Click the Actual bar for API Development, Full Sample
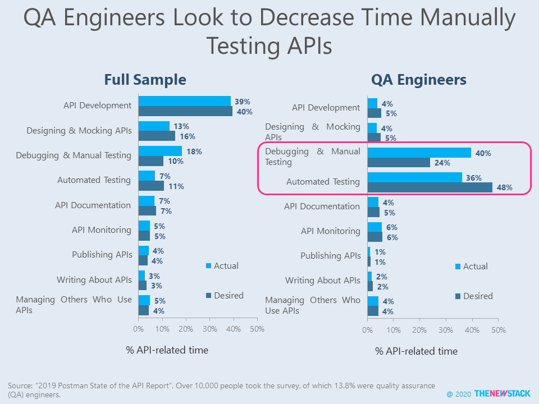pyautogui.click(x=184, y=101)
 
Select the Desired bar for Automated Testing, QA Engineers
pyautogui.click(x=430, y=187)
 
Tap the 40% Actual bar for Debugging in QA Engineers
pyautogui.click(x=419, y=152)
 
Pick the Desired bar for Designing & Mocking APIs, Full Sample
pyautogui.click(x=157, y=136)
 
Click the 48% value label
pyautogui.click(x=504, y=188)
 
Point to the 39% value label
pyautogui.click(x=243, y=102)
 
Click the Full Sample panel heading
pyautogui.click(x=145, y=80)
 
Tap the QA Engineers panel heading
pyautogui.click(x=418, y=80)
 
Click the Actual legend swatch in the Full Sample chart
pyautogui.click(x=209, y=266)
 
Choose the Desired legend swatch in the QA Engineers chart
pyautogui.click(x=458, y=296)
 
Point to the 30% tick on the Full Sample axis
pyautogui.click(x=209, y=329)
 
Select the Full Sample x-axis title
pyautogui.click(x=167, y=350)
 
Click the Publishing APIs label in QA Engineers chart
pyautogui.click(x=330, y=255)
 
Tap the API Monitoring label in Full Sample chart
pyautogui.click(x=102, y=229)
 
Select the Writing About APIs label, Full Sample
pyautogui.click(x=94, y=279)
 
